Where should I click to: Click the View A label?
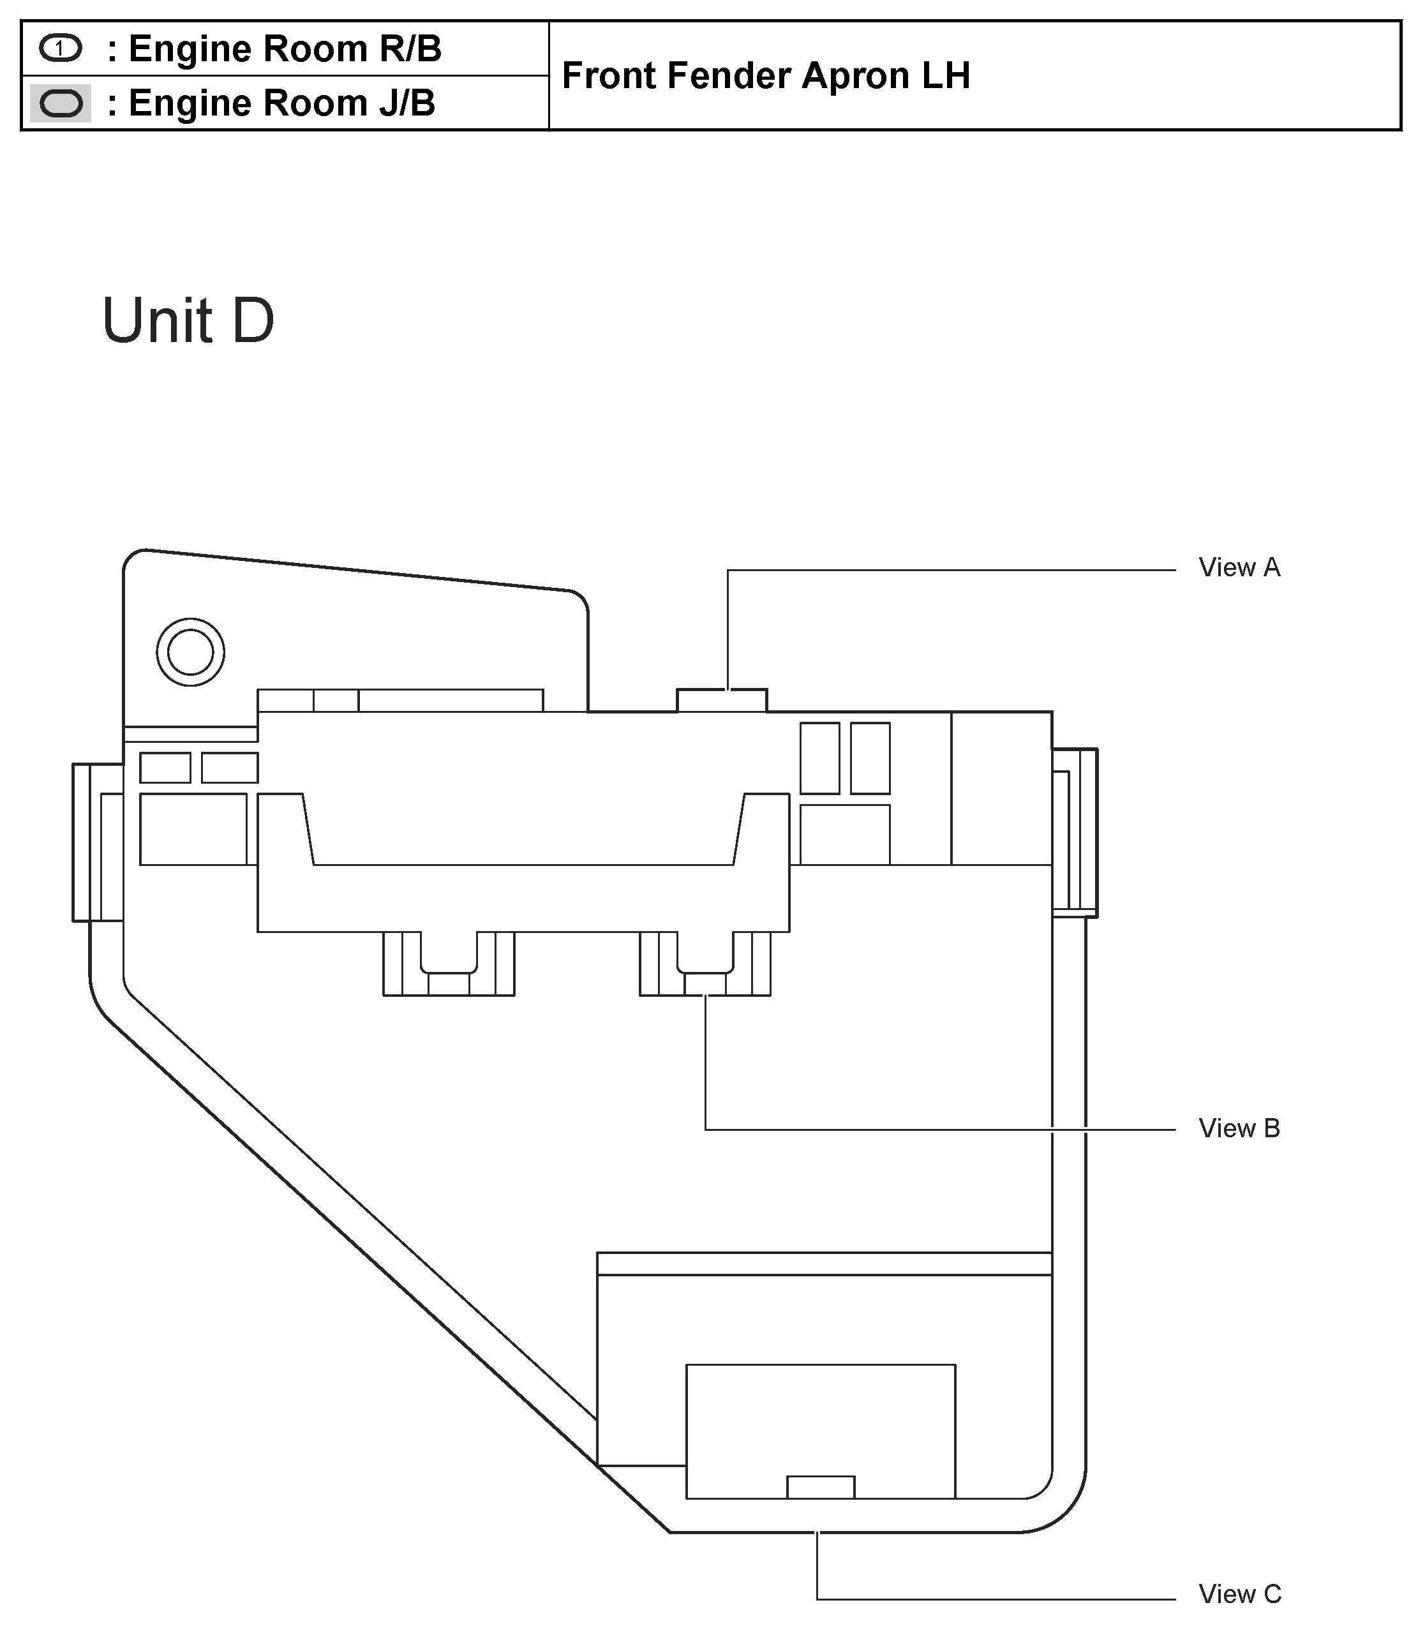[1239, 567]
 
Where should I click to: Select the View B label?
[1239, 1128]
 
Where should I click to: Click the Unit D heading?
[188, 320]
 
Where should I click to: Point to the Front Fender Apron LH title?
[765, 76]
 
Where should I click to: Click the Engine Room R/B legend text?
[274, 49]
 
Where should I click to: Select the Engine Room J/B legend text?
[271, 103]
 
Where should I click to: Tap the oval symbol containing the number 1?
[60, 49]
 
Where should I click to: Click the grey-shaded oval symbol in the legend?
[61, 103]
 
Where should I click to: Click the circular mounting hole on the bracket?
[191, 652]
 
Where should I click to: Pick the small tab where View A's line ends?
[722, 700]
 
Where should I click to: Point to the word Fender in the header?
[728, 76]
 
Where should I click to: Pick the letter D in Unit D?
[253, 320]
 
